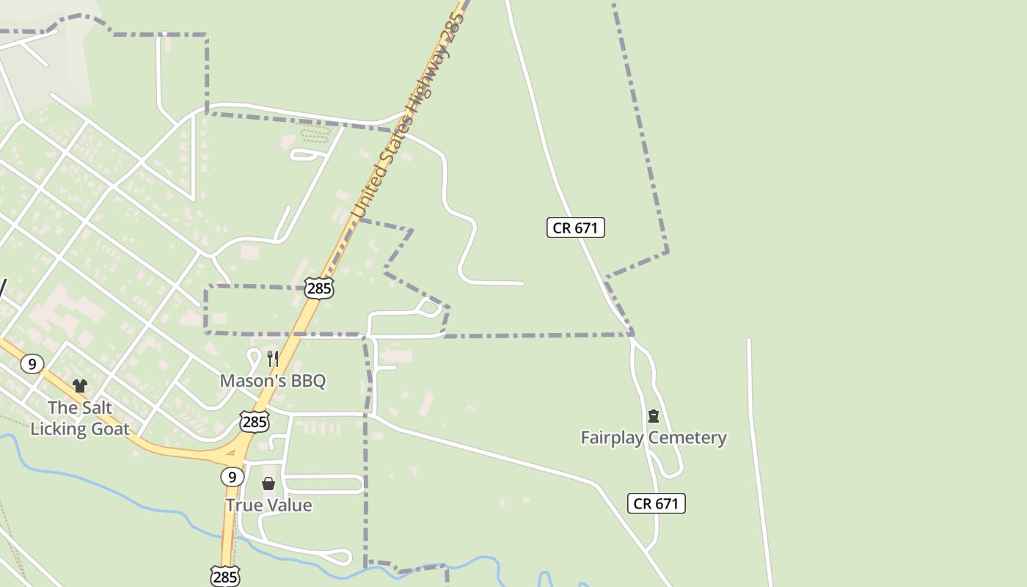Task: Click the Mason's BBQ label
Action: (273, 381)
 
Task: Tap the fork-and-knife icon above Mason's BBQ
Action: (272, 359)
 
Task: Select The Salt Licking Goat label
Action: (80, 418)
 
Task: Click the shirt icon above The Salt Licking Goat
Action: (80, 386)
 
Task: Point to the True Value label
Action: (268, 506)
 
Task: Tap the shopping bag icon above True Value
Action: (268, 484)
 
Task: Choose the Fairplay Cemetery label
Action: (654, 438)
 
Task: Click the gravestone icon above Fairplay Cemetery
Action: (654, 416)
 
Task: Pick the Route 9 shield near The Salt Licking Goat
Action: (32, 363)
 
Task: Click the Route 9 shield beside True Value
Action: (232, 477)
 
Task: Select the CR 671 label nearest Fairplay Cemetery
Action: (657, 503)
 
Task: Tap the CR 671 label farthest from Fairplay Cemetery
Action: (576, 227)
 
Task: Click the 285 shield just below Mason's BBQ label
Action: (255, 422)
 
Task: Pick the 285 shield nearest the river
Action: (224, 577)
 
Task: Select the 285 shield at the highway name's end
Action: (319, 288)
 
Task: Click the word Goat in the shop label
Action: (109, 429)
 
